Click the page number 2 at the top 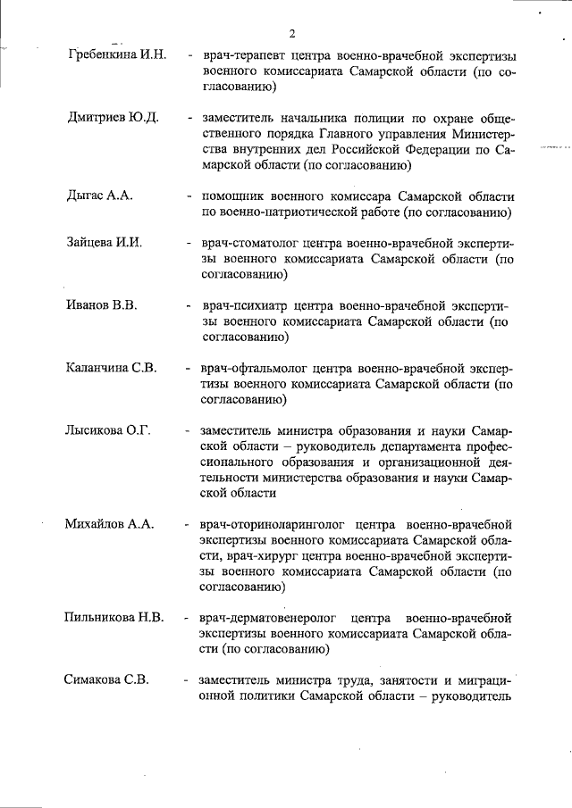point(291,33)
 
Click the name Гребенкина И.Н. point(117,54)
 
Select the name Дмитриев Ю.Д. point(113,118)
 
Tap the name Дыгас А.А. point(100,196)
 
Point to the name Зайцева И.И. point(105,243)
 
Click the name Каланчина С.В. point(112,369)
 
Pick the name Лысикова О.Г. point(107,430)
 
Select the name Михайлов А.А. point(110,524)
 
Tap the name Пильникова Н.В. point(114,617)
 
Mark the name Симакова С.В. point(105,680)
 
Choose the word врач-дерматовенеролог point(270,617)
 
